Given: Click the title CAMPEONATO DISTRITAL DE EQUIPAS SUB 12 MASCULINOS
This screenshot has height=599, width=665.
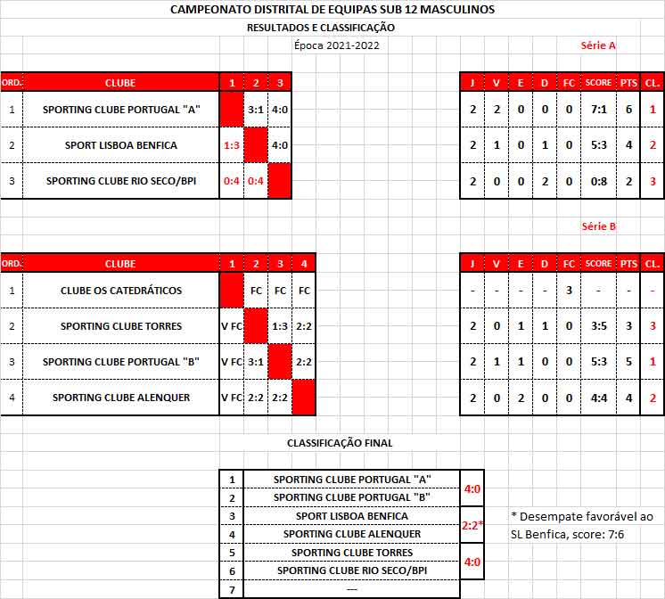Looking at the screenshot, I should coord(332,9).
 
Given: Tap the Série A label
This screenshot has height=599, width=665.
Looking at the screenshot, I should coord(598,45).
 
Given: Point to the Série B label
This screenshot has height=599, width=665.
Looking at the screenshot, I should coord(598,226).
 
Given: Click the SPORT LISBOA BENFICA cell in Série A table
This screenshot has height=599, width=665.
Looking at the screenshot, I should coord(121,145).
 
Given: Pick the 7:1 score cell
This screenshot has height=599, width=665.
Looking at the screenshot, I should coord(598,110).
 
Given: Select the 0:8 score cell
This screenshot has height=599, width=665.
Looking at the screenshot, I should coord(598,181).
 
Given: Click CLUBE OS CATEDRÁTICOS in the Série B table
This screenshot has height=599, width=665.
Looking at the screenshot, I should coord(121,291).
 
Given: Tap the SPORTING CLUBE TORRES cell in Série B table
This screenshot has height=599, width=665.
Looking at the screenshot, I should coord(121,326).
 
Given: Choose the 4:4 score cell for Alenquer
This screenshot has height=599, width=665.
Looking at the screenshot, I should coord(598,398).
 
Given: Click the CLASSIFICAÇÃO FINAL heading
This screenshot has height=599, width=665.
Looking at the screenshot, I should coord(340,443).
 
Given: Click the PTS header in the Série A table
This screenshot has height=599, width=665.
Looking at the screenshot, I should coord(628,83).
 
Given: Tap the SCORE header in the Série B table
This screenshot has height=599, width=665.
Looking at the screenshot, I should coord(598,264).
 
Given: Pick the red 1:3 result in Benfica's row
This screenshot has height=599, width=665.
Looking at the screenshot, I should coord(232,145).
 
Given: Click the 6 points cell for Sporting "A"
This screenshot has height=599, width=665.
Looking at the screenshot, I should coord(628,110).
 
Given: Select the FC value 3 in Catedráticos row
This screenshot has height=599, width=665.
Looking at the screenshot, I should coord(568,291).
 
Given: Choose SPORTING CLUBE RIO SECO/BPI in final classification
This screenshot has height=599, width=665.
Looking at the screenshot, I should coord(352,570).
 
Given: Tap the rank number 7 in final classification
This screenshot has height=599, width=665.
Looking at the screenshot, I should coord(232,589).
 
